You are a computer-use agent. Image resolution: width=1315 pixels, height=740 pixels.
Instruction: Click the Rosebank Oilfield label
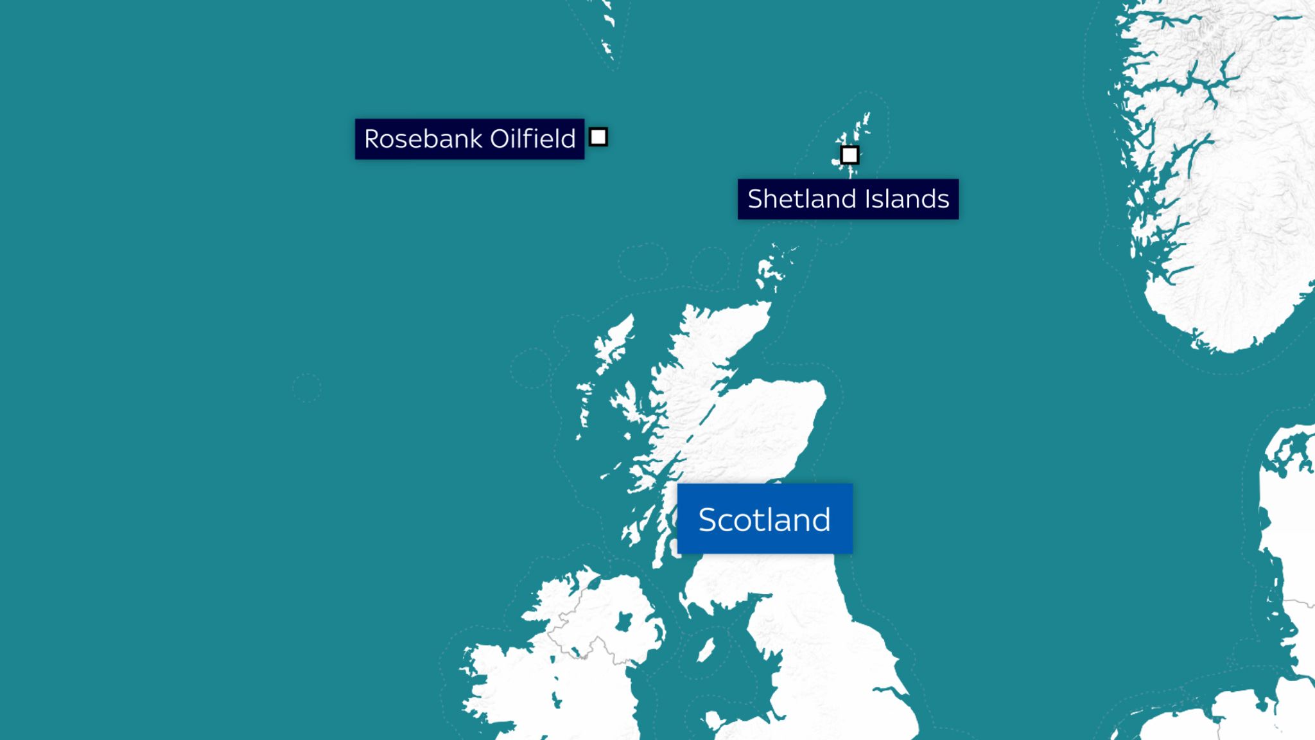tap(469, 139)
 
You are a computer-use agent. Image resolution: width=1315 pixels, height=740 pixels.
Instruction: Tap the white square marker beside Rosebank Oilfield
tap(598, 137)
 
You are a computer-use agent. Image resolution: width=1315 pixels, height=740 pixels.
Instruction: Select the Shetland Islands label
tap(848, 199)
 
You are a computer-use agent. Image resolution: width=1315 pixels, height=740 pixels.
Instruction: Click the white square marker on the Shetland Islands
tap(849, 155)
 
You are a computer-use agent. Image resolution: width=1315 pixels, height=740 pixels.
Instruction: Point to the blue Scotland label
tap(765, 519)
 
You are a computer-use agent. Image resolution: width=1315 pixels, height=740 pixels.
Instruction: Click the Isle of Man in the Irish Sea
tap(706, 650)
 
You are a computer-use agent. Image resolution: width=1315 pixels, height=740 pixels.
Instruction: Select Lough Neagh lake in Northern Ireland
tap(623, 622)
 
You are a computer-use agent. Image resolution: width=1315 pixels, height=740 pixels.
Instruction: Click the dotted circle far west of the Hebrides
tap(306, 388)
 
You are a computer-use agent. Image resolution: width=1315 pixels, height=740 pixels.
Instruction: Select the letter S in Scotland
tap(708, 520)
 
